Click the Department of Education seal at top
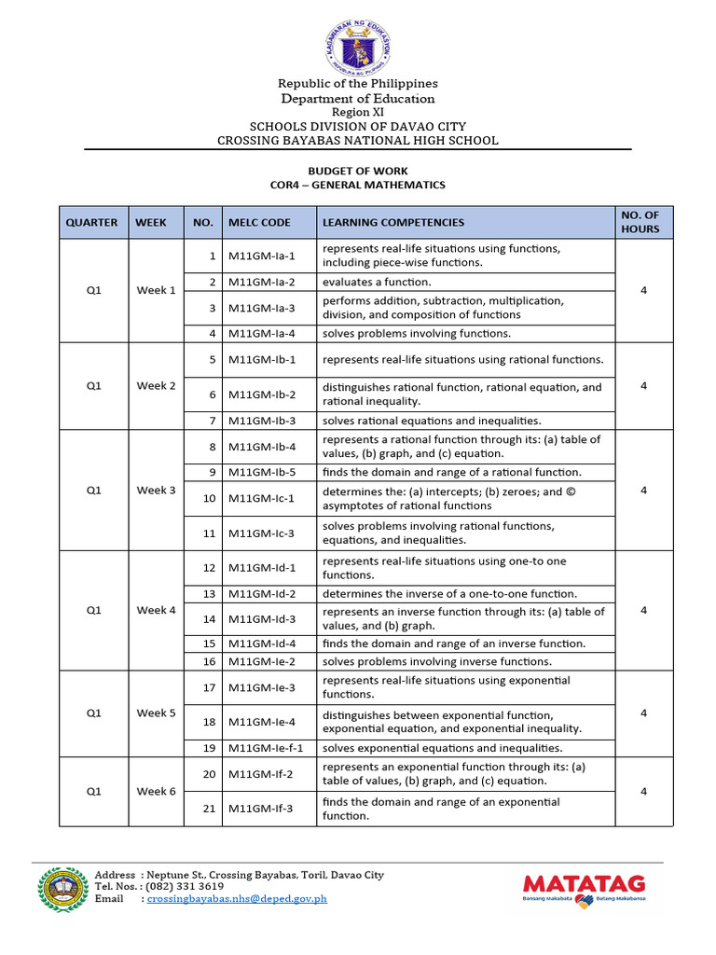point(357,42)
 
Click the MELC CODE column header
point(259,223)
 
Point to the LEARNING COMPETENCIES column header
point(392,223)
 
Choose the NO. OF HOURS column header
point(640,223)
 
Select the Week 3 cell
point(156,490)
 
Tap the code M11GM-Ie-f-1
point(266,748)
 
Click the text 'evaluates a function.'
point(377,282)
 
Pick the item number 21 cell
point(209,809)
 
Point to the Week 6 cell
point(156,792)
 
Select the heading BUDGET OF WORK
point(357,172)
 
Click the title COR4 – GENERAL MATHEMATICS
point(357,186)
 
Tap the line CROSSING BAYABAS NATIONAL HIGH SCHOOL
point(357,141)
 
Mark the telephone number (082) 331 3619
point(186,886)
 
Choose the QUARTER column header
point(91,223)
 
